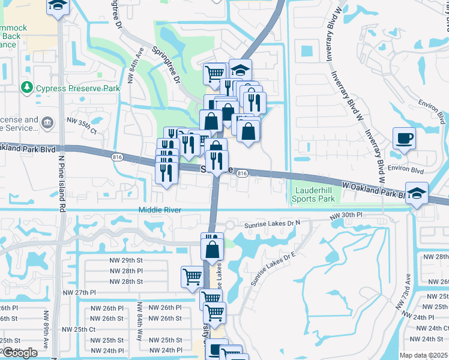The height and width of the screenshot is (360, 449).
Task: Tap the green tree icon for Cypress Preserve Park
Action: [x=26, y=88]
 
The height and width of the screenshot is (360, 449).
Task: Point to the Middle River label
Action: [x=160, y=210]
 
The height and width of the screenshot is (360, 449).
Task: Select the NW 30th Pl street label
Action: [x=348, y=214]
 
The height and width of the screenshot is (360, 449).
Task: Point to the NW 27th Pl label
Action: [x=79, y=292]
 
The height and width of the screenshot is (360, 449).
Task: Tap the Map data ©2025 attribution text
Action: [x=424, y=355]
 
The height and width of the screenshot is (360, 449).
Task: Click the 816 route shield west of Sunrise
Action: [x=116, y=158]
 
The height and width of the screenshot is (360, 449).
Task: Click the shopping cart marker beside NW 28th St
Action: [x=192, y=277]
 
